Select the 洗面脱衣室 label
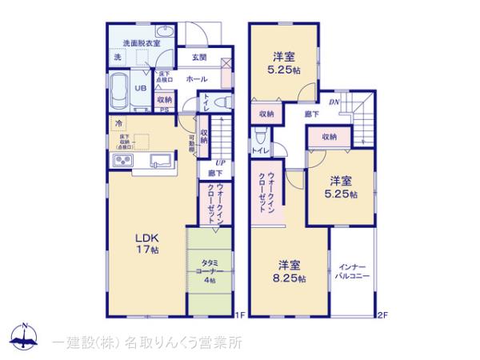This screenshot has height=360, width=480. click(139, 42)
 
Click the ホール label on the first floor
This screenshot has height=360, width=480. click(197, 80)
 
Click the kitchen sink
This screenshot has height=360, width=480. click(157, 158)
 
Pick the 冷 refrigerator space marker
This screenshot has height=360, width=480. click(118, 124)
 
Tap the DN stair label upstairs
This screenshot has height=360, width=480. click(335, 102)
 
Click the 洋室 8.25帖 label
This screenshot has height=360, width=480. click(289, 272)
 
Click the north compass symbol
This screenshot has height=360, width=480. click(26, 336)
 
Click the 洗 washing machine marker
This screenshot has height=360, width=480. click(118, 58)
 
